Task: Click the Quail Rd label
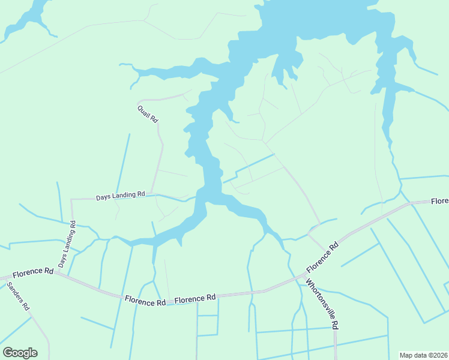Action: pos(147,114)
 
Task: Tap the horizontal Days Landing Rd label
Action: pos(121,196)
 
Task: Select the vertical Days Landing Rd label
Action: pos(67,245)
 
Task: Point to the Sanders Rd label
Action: pos(17,296)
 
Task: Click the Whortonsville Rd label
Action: pos(322,304)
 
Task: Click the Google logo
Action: pos(20,353)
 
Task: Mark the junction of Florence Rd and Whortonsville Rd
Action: pos(300,277)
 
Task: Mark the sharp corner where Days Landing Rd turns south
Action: pos(71,199)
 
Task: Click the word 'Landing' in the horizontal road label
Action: pos(124,196)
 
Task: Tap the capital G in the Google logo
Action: pos(8,353)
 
